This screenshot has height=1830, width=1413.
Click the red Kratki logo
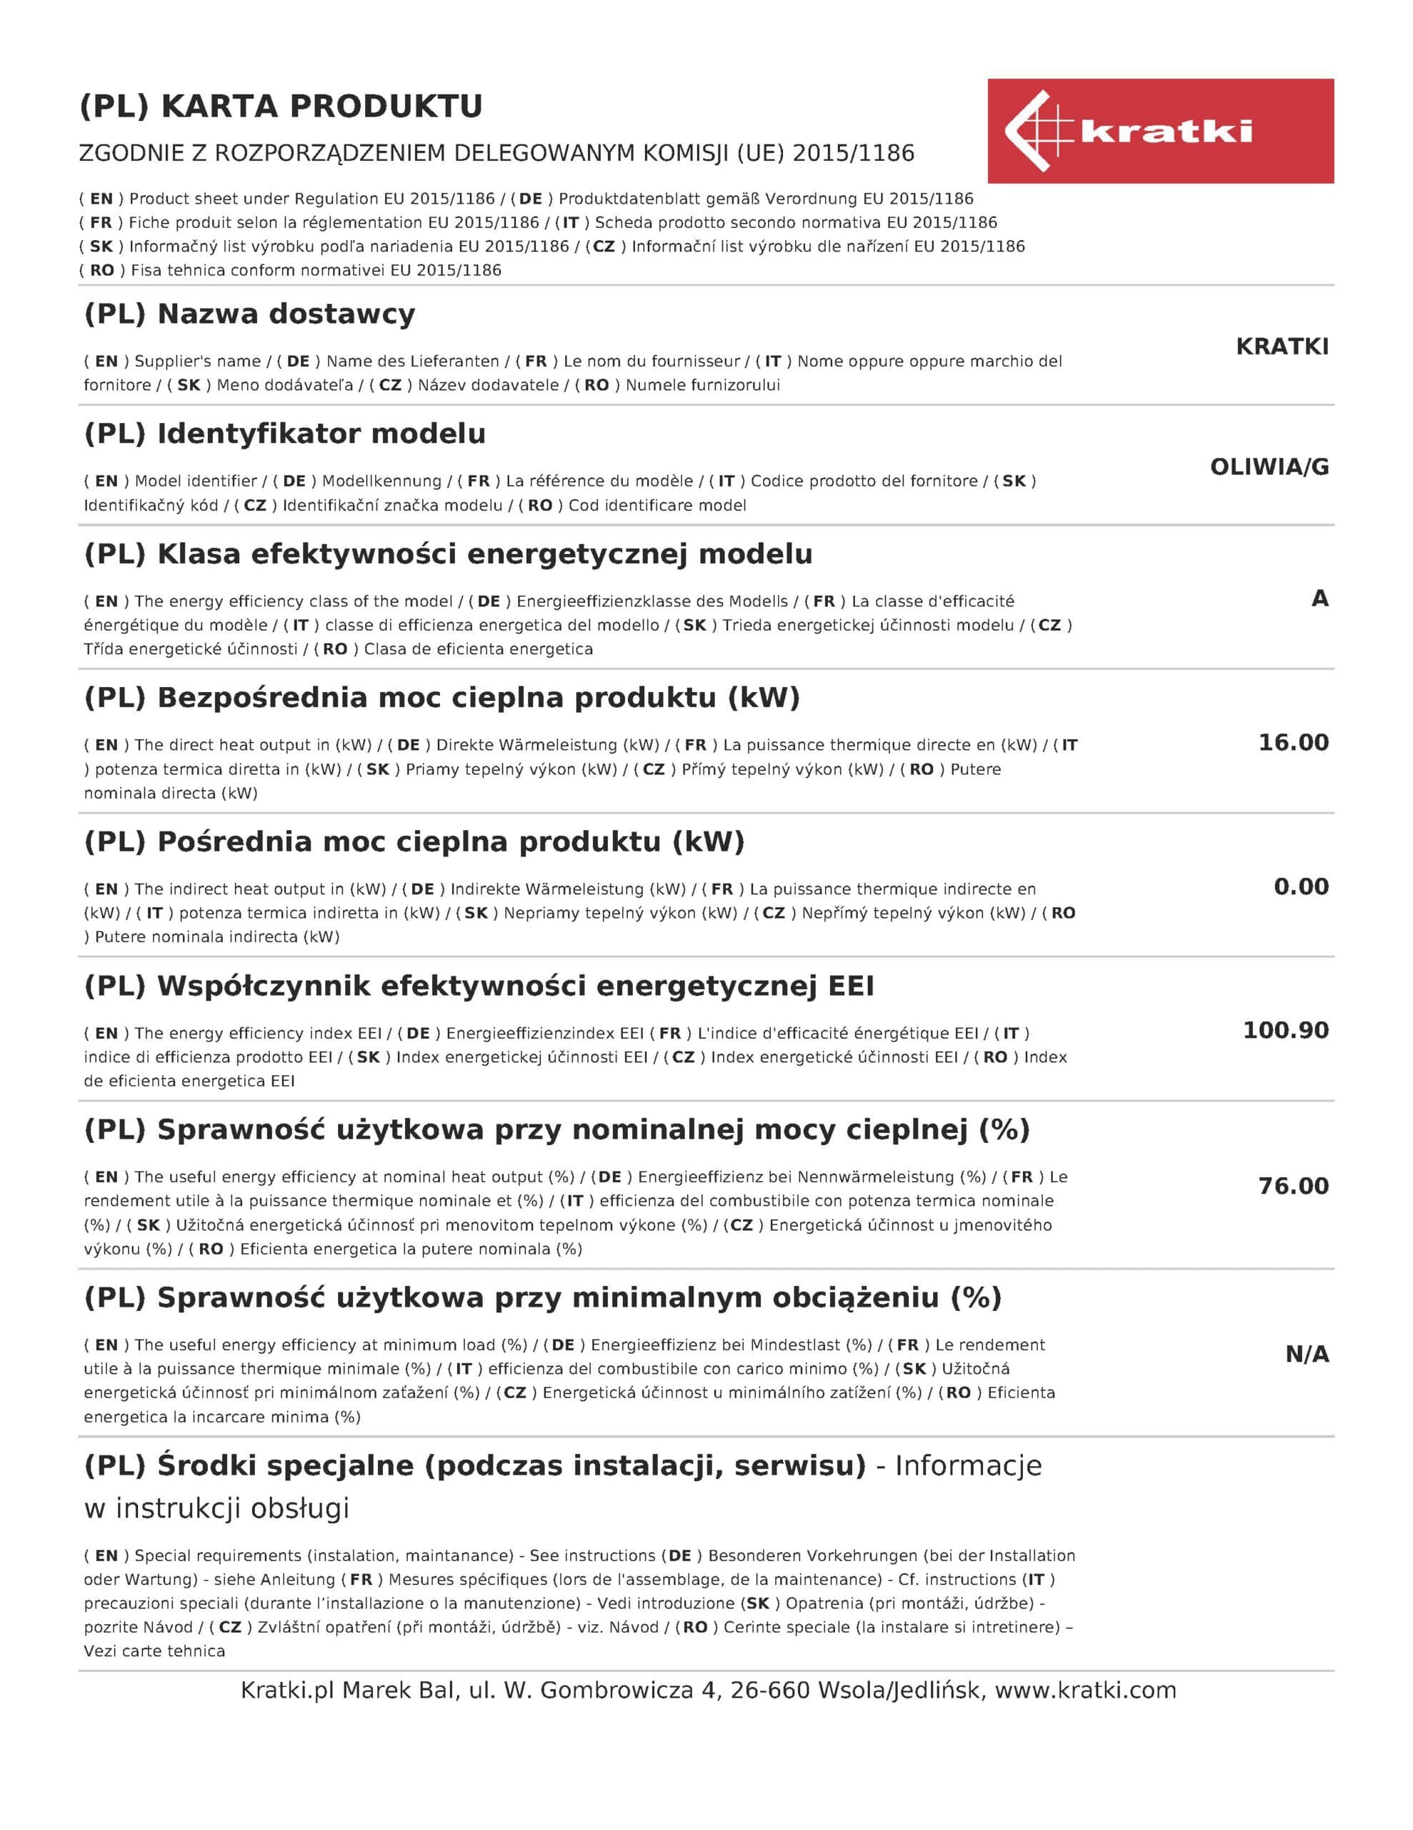(1160, 132)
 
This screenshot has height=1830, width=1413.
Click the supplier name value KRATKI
(1282, 347)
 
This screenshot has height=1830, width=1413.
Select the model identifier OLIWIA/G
(1269, 468)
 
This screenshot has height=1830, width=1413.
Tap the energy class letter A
(1319, 598)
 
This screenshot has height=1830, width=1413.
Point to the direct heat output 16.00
(1293, 743)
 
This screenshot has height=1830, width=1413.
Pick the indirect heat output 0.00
(1301, 886)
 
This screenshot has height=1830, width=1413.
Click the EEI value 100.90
(1286, 1030)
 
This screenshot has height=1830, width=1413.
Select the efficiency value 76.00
(1293, 1186)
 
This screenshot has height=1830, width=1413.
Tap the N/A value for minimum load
(1307, 1354)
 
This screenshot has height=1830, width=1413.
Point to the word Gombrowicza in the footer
(616, 1690)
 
